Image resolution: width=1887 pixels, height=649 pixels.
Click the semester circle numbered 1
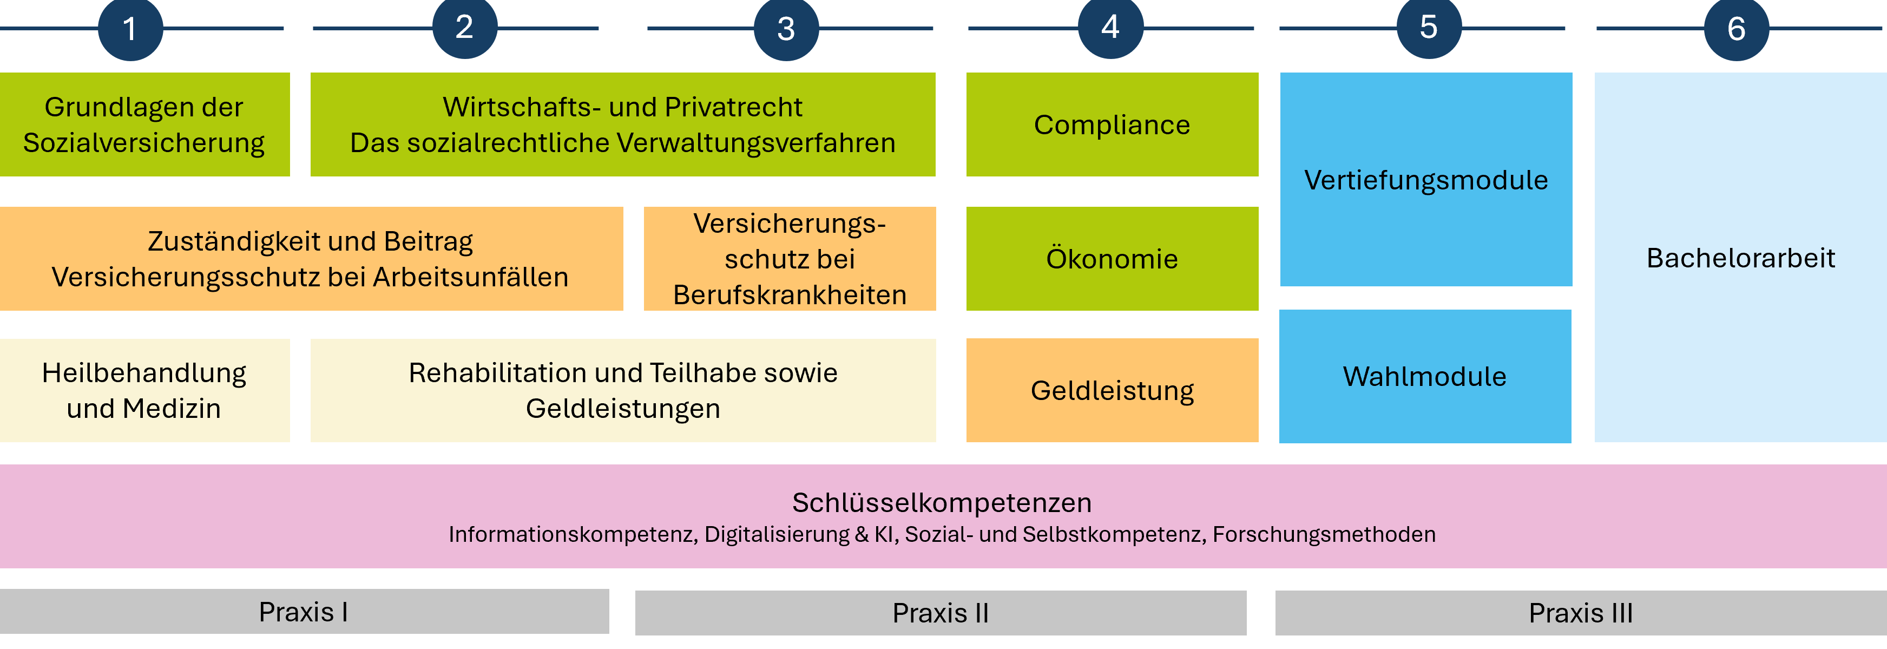coord(130,29)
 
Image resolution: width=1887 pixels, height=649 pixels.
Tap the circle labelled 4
coord(1110,27)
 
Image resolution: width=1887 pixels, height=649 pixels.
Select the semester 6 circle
coord(1735,29)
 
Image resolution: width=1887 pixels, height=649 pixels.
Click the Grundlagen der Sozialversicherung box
coord(144,124)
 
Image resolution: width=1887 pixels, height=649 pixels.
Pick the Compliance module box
coord(1112,124)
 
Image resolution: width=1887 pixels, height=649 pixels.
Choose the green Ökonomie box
coord(1112,259)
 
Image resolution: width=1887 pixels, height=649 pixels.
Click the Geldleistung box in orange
coord(1112,390)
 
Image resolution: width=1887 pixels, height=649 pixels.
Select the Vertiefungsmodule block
coord(1425,180)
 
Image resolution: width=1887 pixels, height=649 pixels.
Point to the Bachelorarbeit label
coord(1740,258)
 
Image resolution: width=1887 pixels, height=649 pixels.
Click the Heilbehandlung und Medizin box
coord(144,390)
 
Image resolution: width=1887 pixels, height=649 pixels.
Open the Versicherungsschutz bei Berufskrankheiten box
coord(790,259)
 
